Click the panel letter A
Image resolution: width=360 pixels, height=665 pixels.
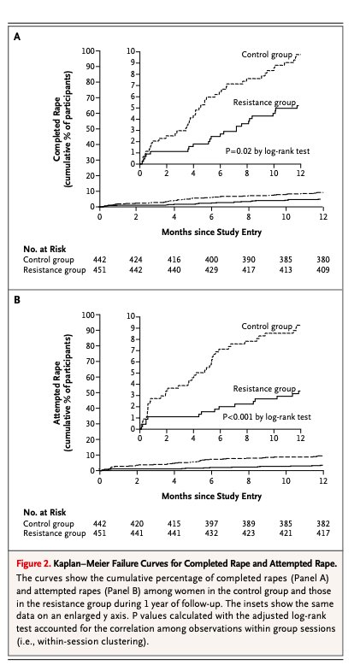(x=17, y=37)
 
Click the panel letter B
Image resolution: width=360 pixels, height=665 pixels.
(x=17, y=300)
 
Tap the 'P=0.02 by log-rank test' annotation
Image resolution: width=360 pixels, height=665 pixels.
(x=268, y=150)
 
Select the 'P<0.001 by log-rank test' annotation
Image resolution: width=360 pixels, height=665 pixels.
(x=267, y=417)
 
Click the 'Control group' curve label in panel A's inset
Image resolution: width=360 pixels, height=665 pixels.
(x=267, y=55)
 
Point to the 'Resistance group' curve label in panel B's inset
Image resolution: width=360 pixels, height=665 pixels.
(x=264, y=389)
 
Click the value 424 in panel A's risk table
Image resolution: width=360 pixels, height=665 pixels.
(x=136, y=260)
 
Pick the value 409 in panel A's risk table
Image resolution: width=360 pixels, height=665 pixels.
(x=323, y=270)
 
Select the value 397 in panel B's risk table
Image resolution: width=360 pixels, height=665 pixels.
(x=211, y=524)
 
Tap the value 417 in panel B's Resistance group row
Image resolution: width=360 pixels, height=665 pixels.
(x=323, y=533)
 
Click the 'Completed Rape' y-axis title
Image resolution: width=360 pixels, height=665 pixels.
(x=57, y=129)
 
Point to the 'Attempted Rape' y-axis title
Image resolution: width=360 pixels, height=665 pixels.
(x=57, y=392)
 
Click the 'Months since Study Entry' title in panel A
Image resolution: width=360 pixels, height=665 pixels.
(x=211, y=232)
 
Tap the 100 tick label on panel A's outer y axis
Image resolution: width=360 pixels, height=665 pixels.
(x=88, y=51)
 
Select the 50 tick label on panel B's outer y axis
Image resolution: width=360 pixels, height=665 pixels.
(x=91, y=392)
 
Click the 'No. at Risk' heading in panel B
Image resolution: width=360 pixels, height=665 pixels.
(x=44, y=513)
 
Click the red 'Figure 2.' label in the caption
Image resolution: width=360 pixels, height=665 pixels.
(x=34, y=564)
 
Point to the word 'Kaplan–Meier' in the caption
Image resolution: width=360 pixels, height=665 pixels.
(x=79, y=564)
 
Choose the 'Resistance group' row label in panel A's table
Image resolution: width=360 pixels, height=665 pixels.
(x=55, y=270)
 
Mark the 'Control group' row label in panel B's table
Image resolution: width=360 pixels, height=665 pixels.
(x=49, y=524)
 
